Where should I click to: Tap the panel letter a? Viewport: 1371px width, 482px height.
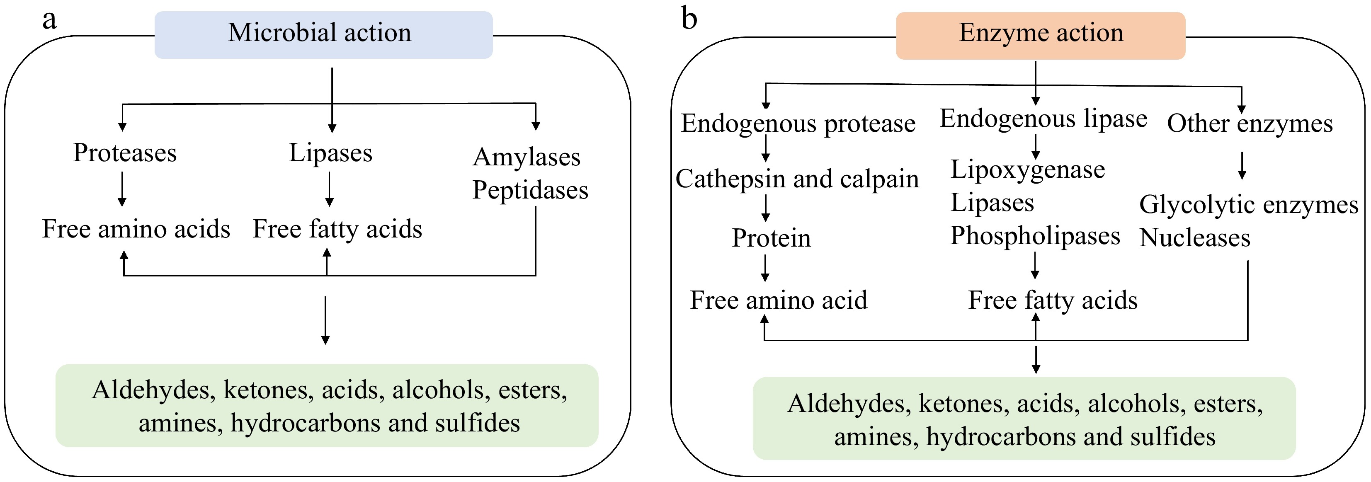(49, 20)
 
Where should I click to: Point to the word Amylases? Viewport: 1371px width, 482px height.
(527, 157)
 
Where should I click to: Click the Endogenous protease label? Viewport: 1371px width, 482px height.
(798, 124)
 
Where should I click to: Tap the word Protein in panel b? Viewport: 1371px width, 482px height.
(771, 238)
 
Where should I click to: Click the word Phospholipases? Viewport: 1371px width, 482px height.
(1035, 236)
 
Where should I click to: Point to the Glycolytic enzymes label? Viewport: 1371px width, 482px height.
(1248, 205)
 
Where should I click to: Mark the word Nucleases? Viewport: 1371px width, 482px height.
(1194, 238)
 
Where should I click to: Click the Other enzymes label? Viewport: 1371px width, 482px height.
(1249, 124)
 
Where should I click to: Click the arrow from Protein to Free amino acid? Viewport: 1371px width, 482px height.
(765, 268)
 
